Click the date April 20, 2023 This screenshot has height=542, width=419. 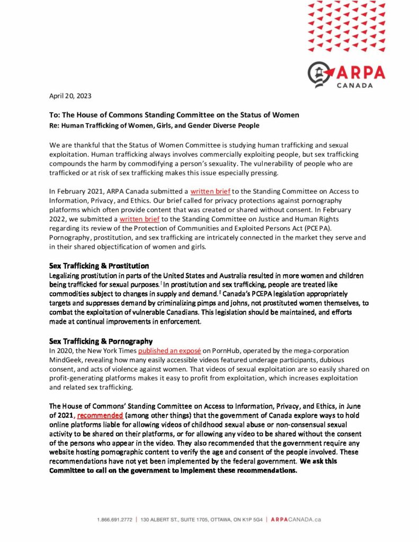click(69, 96)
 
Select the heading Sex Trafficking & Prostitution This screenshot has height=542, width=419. click(99, 265)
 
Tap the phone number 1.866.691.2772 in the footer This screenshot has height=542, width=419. click(115, 520)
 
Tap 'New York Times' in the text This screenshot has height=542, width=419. click(111, 350)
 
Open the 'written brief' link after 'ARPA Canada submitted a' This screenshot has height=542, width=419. click(209, 207)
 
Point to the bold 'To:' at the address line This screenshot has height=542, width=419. click(55, 115)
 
